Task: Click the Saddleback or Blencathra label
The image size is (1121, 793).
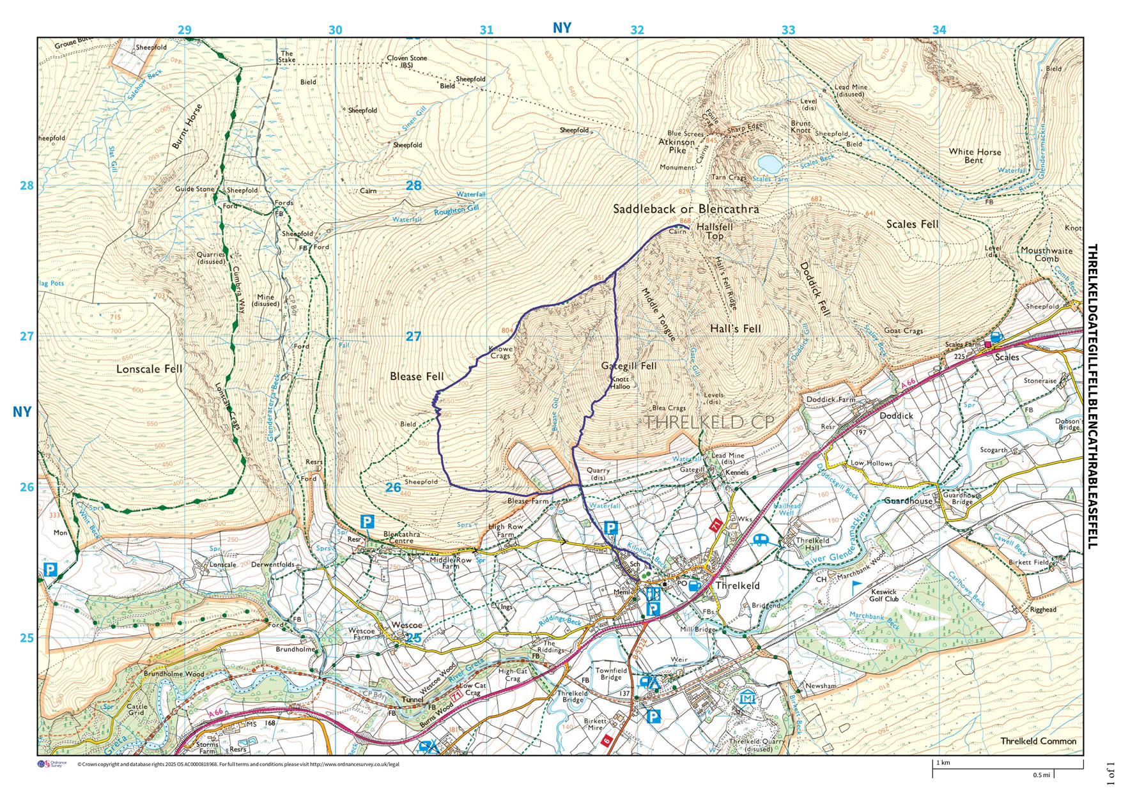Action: click(686, 209)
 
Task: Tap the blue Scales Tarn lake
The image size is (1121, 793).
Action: click(769, 164)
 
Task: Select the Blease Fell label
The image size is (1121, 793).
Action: click(417, 376)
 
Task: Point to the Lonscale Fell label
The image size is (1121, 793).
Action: click(149, 369)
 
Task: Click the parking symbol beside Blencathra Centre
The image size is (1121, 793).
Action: click(367, 522)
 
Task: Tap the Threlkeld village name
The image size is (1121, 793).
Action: click(738, 585)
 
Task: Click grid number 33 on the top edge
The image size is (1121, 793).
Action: click(788, 30)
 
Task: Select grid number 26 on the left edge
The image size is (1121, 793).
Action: click(26, 488)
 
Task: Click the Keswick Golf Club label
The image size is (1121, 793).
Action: click(884, 596)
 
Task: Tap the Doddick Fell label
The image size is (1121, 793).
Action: click(814, 289)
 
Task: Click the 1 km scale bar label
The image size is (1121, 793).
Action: click(943, 763)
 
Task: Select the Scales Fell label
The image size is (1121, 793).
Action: click(912, 224)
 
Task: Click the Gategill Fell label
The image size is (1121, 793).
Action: click(628, 366)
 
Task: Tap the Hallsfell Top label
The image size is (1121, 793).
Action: click(715, 231)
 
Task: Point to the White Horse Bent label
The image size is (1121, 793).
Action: click(974, 156)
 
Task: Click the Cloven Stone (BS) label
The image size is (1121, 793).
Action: click(407, 61)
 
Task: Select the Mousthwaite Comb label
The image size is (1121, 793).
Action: click(1046, 254)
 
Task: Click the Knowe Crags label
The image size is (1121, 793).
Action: click(500, 353)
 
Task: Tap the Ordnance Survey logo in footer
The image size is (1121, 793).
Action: click(52, 764)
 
